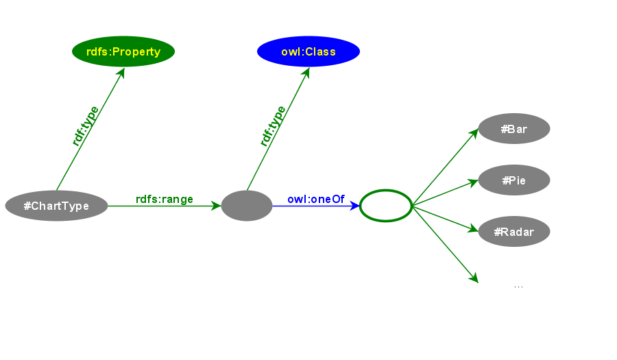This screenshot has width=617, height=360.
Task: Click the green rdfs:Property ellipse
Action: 123,51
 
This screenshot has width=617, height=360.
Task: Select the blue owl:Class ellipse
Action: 308,51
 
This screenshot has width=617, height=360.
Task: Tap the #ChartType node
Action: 56,206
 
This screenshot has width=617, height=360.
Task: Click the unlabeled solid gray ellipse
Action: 247,206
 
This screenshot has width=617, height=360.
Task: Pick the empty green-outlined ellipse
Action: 385,206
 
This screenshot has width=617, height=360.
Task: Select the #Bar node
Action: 514,129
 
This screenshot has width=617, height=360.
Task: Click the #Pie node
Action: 514,180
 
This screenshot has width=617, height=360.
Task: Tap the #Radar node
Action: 514,232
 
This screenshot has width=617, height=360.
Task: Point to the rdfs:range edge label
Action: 165,200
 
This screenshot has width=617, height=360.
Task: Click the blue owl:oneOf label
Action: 315,200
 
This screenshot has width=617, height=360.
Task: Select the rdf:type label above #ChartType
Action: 85,125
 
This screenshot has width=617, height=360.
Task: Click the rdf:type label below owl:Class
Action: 273,125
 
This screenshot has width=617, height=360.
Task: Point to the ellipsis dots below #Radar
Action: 518,286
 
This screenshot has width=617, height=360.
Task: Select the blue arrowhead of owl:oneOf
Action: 355,206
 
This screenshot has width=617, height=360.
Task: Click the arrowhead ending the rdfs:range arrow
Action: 217,206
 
